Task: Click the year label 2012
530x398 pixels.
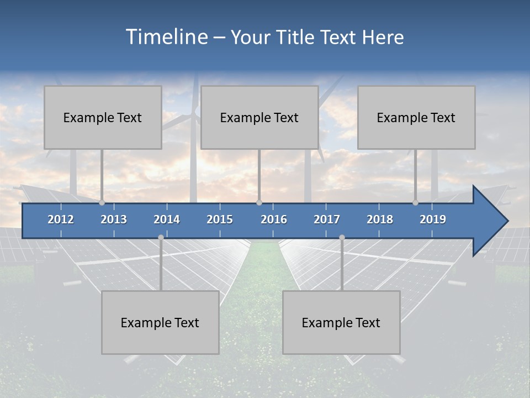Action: (61, 219)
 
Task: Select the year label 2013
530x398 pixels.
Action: (114, 219)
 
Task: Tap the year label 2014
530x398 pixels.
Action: (167, 219)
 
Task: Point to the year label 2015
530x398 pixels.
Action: (220, 219)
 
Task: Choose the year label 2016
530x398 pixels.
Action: (274, 219)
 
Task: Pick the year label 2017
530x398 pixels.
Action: (327, 219)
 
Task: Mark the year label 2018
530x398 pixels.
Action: (380, 219)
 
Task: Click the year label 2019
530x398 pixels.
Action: (433, 219)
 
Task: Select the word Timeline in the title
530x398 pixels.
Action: (166, 37)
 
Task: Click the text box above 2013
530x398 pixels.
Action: (103, 117)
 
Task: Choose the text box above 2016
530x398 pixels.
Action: (259, 117)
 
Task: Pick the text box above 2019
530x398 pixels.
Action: (416, 117)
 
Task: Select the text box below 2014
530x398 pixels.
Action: (160, 322)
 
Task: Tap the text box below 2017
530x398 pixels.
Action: (341, 322)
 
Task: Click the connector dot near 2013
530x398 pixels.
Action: (102, 203)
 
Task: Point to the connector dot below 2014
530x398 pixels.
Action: (161, 237)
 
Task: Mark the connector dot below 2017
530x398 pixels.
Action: (342, 237)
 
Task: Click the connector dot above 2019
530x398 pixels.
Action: (416, 203)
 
